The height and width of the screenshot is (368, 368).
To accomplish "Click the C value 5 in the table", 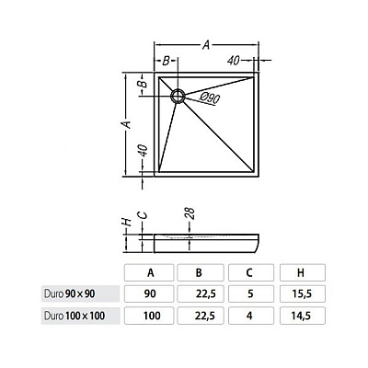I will (x=251, y=294).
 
